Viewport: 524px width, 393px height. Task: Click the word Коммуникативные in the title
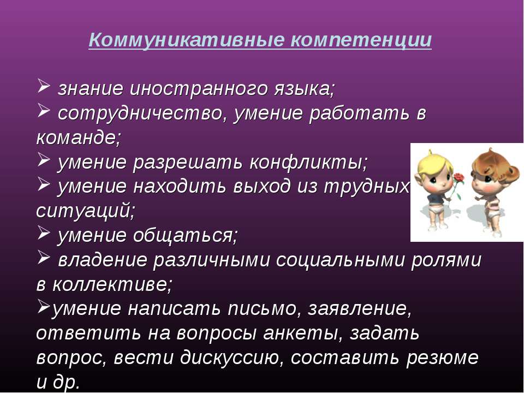[x=187, y=40]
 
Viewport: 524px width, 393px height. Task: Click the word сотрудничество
[x=140, y=114]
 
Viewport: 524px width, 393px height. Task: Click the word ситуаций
[x=85, y=211]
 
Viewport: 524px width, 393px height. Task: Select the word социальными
[x=340, y=260]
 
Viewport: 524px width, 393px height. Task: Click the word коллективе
[x=112, y=284]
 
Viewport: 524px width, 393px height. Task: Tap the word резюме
[x=443, y=358]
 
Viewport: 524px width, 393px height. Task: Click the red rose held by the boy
[x=460, y=177]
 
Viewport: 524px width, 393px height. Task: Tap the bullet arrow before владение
[x=43, y=257]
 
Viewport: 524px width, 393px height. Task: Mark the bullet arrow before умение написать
[x=43, y=306]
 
